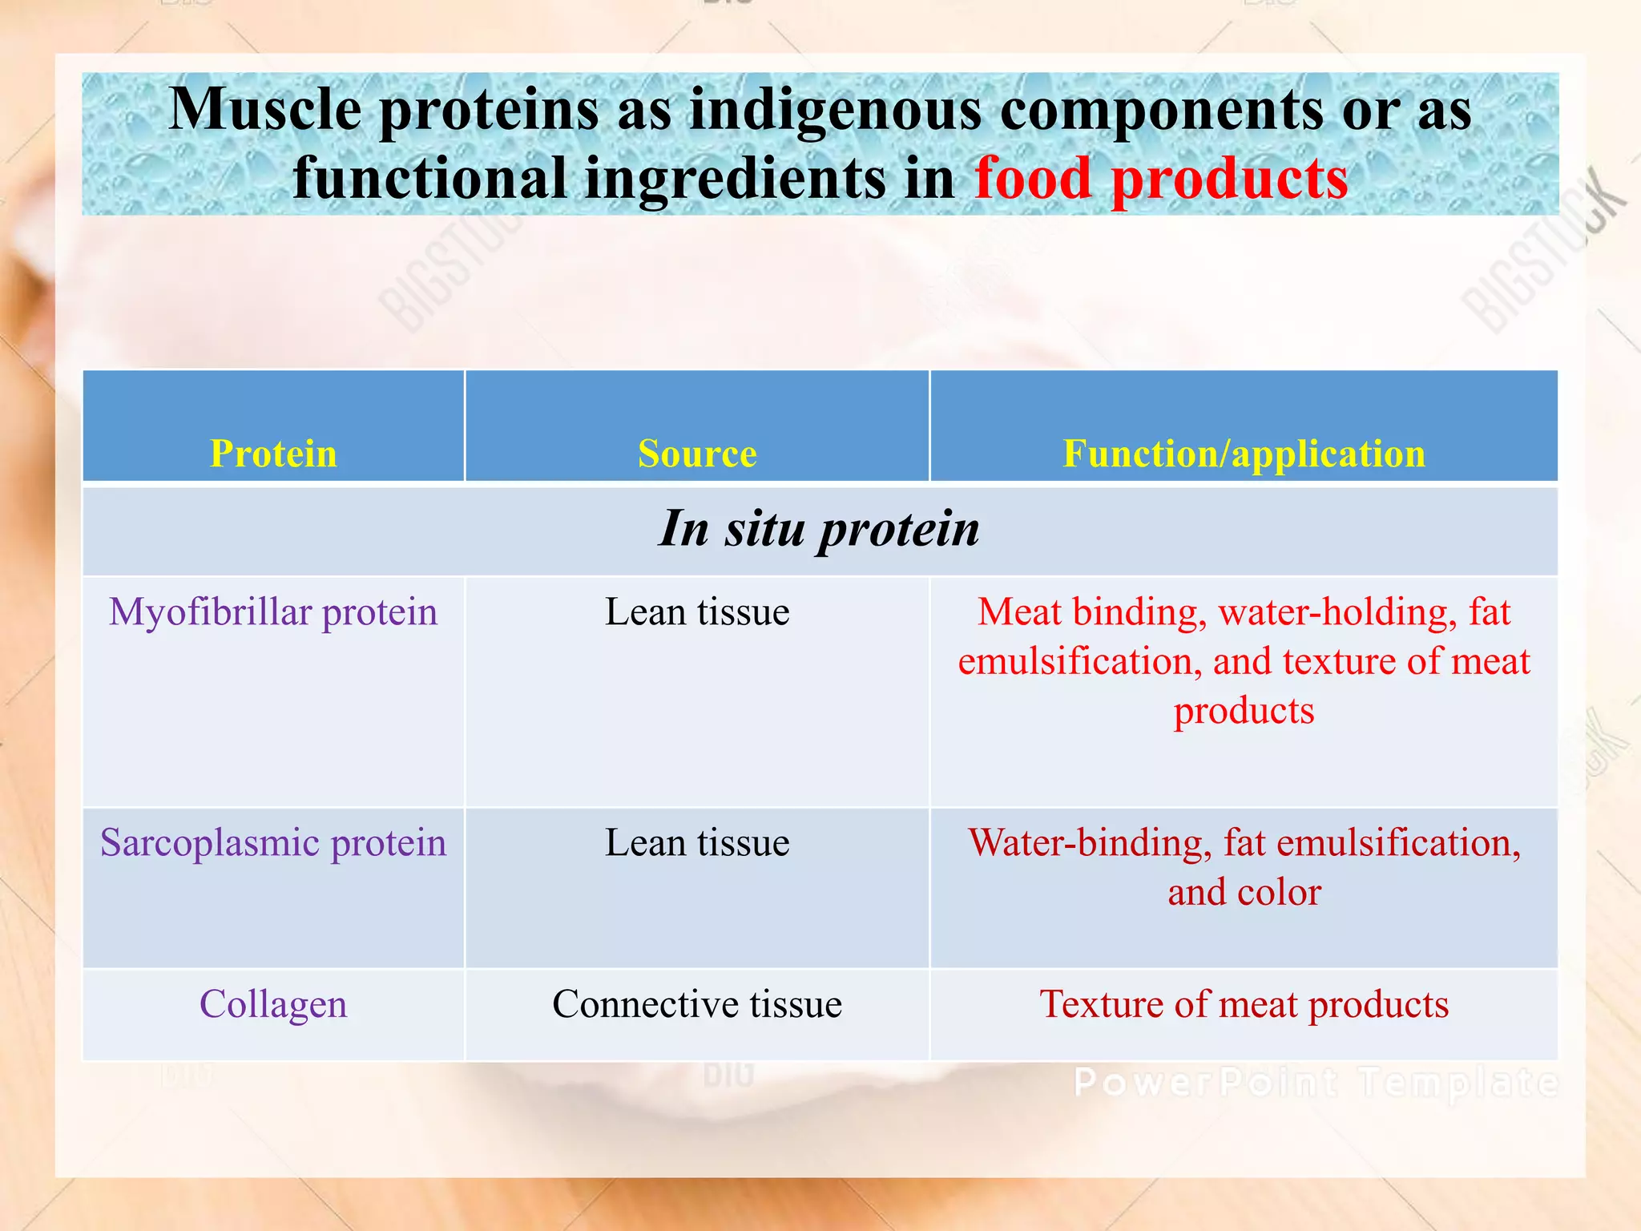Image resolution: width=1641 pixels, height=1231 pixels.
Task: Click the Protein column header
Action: tap(273, 454)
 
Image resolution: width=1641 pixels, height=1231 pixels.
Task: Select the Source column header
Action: tap(697, 454)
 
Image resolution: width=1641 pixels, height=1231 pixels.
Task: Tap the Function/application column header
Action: tap(1244, 454)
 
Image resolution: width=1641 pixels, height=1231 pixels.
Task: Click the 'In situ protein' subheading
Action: tap(819, 529)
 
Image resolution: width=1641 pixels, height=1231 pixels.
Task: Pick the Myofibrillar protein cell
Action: tap(273, 612)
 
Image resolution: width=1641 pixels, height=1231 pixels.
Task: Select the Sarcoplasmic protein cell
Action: tap(273, 843)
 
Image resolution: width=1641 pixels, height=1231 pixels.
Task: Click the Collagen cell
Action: tap(273, 1004)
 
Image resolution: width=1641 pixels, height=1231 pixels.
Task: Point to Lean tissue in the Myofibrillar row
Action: tap(697, 612)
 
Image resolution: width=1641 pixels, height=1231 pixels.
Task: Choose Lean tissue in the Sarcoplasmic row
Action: tap(697, 843)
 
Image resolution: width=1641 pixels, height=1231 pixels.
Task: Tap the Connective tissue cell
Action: tap(697, 1004)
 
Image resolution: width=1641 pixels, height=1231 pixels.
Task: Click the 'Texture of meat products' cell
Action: tap(1244, 1004)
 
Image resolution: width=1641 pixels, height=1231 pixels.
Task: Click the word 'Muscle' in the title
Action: tap(265, 109)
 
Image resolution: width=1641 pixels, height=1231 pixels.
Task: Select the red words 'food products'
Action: tap(1161, 178)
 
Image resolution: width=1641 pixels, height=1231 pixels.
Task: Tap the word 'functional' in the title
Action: tap(429, 178)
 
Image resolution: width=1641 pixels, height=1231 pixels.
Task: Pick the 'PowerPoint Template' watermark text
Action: tap(1316, 1084)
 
